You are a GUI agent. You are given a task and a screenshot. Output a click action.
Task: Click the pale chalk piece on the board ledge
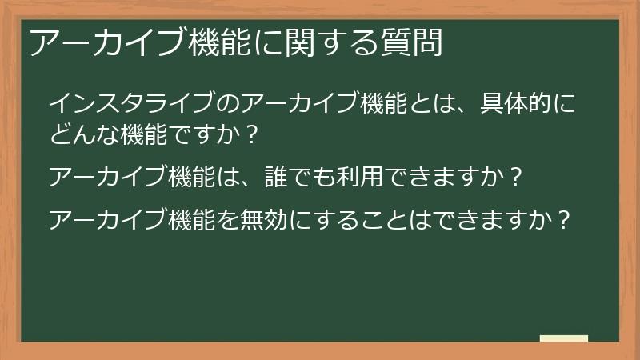click(564, 339)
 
